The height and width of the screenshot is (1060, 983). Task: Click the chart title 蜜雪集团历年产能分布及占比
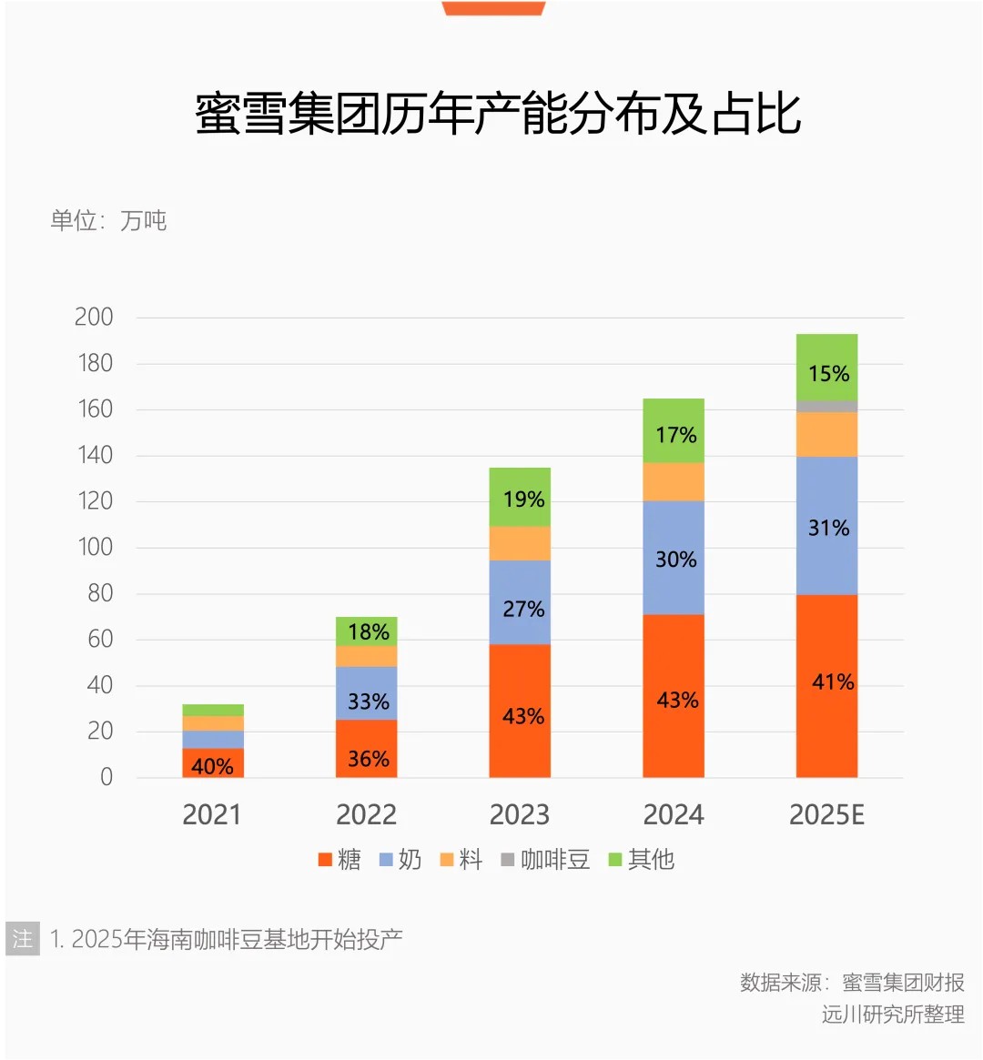[x=497, y=115]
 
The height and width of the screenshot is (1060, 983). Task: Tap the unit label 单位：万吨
[x=108, y=220]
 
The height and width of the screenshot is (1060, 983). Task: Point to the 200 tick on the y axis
[x=94, y=318]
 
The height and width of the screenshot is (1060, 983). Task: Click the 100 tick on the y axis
[x=95, y=547]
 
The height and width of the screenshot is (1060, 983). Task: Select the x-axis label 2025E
[x=826, y=814]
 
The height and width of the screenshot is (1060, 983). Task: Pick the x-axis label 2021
[x=212, y=814]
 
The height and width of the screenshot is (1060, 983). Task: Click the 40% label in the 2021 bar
[x=212, y=766]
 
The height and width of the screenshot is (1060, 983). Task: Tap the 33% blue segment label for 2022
[x=368, y=702]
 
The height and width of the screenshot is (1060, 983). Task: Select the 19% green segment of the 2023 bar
[x=520, y=498]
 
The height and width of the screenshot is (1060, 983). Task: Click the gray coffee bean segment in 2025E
[x=826, y=406]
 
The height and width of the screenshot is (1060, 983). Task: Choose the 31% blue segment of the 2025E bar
[x=826, y=527]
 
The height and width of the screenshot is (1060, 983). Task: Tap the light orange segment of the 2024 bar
[x=674, y=481]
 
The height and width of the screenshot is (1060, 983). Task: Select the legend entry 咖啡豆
[x=545, y=860]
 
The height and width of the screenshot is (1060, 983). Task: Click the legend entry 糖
[x=339, y=860]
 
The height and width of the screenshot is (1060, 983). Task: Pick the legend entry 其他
[x=642, y=860]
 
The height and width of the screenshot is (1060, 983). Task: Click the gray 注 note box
[x=23, y=938]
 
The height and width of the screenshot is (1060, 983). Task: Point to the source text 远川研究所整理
[x=892, y=1014]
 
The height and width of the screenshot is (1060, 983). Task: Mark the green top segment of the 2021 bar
[x=213, y=710]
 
